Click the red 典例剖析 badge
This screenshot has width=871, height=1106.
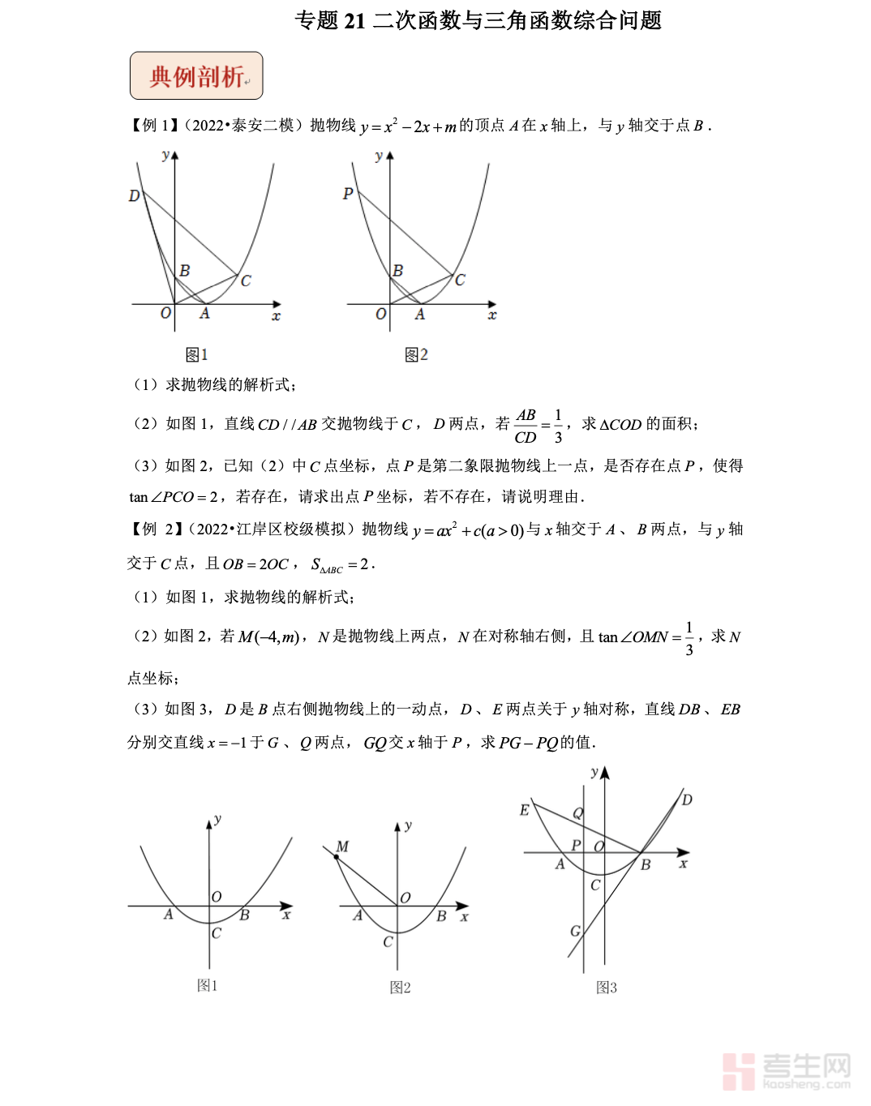(196, 76)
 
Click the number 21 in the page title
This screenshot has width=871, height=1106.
(354, 20)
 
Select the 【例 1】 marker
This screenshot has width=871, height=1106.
(153, 125)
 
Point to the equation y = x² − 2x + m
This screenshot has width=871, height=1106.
(408, 126)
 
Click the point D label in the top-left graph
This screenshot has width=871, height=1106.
(134, 195)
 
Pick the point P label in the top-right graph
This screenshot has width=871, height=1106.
(348, 194)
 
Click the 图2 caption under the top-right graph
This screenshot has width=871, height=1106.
(416, 354)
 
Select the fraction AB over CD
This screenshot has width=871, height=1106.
(526, 426)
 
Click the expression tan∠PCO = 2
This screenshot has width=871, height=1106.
(173, 497)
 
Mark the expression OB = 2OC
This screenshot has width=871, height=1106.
(255, 564)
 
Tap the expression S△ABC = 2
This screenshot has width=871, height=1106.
(341, 564)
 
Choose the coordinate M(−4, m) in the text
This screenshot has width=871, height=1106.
(269, 637)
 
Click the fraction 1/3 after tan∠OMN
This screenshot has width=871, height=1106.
(689, 638)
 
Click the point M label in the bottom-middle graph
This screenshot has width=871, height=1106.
(342, 847)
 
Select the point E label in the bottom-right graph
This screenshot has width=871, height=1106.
(524, 810)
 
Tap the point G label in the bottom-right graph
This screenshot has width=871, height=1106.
(575, 931)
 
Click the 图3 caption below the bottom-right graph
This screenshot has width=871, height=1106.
(606, 988)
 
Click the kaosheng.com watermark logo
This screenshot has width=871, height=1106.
(786, 1071)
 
